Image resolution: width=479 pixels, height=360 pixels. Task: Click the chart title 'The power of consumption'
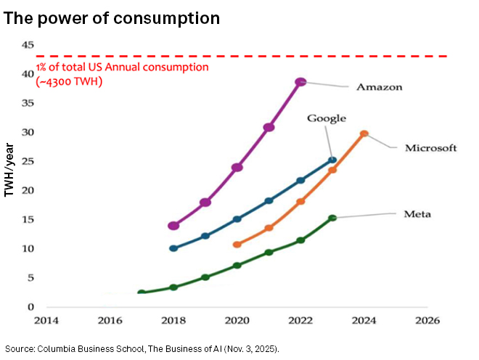[x=112, y=17]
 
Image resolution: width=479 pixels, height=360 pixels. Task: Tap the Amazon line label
[x=379, y=88]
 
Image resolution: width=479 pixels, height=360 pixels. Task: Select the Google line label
[x=326, y=118]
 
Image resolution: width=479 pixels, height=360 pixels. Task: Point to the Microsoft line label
[x=430, y=148]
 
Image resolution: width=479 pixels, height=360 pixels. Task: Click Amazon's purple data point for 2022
[x=300, y=82]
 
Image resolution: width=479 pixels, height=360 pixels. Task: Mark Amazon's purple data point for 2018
[x=173, y=226]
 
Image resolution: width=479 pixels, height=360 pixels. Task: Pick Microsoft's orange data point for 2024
[x=364, y=134]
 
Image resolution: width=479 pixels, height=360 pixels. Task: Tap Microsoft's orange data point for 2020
[x=237, y=245]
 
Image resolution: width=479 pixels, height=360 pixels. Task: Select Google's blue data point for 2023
[x=332, y=160]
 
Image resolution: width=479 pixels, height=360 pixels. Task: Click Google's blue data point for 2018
[x=173, y=248]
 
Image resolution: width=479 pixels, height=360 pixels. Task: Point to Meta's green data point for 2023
[x=332, y=218]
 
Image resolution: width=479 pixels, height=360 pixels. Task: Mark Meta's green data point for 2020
[x=237, y=266]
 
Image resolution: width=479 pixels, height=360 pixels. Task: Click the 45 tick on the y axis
[x=28, y=45]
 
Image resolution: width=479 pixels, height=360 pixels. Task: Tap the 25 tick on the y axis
[x=28, y=161]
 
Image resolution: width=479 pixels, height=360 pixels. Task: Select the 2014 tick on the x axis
[x=46, y=319]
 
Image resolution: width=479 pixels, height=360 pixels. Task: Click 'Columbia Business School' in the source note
[x=86, y=349]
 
